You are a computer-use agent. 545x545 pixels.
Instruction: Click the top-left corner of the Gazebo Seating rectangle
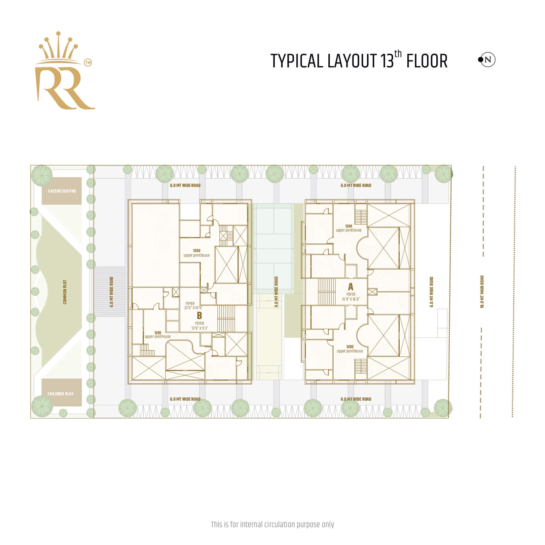[42, 177]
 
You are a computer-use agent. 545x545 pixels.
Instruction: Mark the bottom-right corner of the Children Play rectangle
[82, 406]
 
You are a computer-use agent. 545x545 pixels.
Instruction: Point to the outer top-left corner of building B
[128, 199]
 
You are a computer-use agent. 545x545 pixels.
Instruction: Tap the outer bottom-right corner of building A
[414, 384]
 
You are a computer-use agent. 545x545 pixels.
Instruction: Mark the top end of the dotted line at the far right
[515, 167]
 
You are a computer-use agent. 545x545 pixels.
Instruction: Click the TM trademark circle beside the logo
[88, 62]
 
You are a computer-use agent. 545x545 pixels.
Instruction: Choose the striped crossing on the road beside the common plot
[110, 291]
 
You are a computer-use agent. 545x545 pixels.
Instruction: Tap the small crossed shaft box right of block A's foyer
[372, 292]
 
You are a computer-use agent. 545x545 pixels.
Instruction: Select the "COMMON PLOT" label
[65, 292]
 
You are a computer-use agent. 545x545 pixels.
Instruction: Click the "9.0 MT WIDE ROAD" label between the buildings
[276, 292]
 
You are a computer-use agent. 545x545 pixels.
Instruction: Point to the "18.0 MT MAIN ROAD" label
[482, 292]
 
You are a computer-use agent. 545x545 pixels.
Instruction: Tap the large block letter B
[199, 316]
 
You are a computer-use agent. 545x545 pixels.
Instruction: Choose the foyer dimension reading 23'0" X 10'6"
[194, 308]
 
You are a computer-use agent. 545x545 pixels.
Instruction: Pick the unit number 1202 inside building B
[197, 251]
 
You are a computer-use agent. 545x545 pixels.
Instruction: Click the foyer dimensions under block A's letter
[351, 299]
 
